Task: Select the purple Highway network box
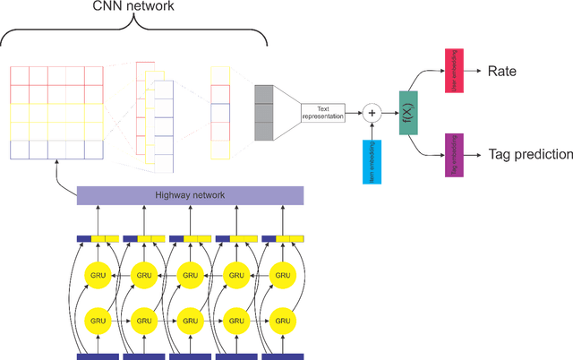coord(191,195)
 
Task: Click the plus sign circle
coord(371,114)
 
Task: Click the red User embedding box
coord(456,69)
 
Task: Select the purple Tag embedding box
coord(456,154)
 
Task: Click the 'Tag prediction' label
coord(530,154)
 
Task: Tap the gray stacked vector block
coord(265,114)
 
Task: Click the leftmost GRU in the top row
coord(98,274)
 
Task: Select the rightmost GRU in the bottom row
coord(283,319)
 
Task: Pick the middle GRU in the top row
coord(190,274)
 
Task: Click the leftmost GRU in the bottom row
coord(98,319)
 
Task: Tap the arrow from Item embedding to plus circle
coord(371,131)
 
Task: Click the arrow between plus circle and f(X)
coord(389,114)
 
